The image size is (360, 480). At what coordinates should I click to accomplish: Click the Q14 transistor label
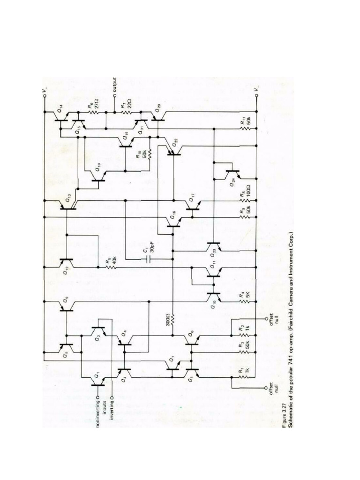pos(60,111)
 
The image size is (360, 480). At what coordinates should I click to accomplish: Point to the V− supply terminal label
pos(256,88)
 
